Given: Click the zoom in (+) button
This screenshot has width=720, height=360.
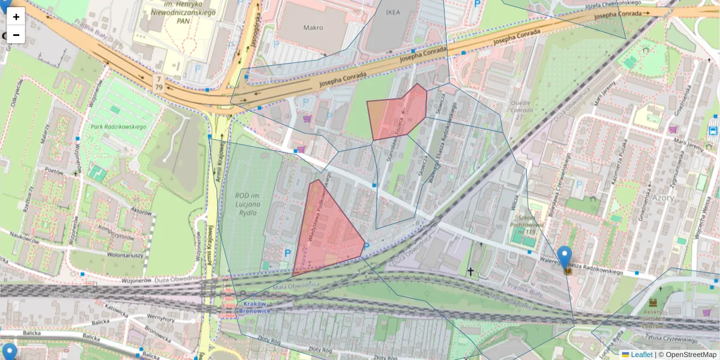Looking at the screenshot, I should [16, 16].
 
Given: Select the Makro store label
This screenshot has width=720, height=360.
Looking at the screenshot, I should [313, 28].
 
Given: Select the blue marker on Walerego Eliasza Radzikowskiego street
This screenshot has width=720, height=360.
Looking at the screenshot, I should [565, 257].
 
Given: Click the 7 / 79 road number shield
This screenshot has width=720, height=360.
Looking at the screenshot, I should [159, 83].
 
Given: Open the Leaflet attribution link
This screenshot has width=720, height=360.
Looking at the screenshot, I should [641, 355].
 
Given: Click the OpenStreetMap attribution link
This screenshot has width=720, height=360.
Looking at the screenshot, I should [691, 355].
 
